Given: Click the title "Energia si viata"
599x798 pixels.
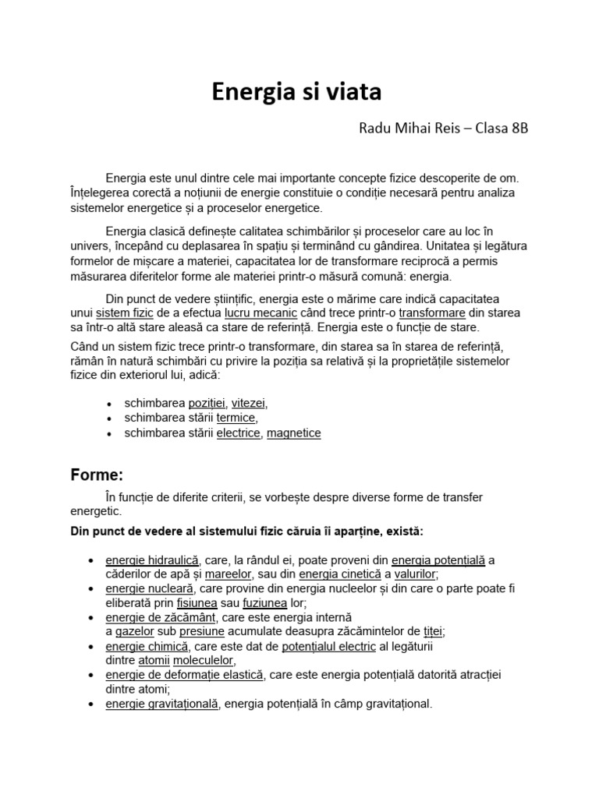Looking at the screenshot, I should click(x=297, y=92).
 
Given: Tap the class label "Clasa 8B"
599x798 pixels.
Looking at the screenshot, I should click(x=501, y=129).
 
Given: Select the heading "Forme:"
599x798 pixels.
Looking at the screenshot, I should click(x=97, y=475).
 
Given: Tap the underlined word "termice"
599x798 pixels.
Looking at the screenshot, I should click(x=236, y=418).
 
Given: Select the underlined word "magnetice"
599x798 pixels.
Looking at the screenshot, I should click(x=293, y=433).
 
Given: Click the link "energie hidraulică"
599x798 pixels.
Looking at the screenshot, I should click(x=153, y=560).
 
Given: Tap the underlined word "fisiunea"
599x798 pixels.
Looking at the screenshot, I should click(x=197, y=603).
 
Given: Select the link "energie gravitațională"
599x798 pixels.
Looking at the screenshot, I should click(x=163, y=704).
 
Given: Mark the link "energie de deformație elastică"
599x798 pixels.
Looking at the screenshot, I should click(x=185, y=675).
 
